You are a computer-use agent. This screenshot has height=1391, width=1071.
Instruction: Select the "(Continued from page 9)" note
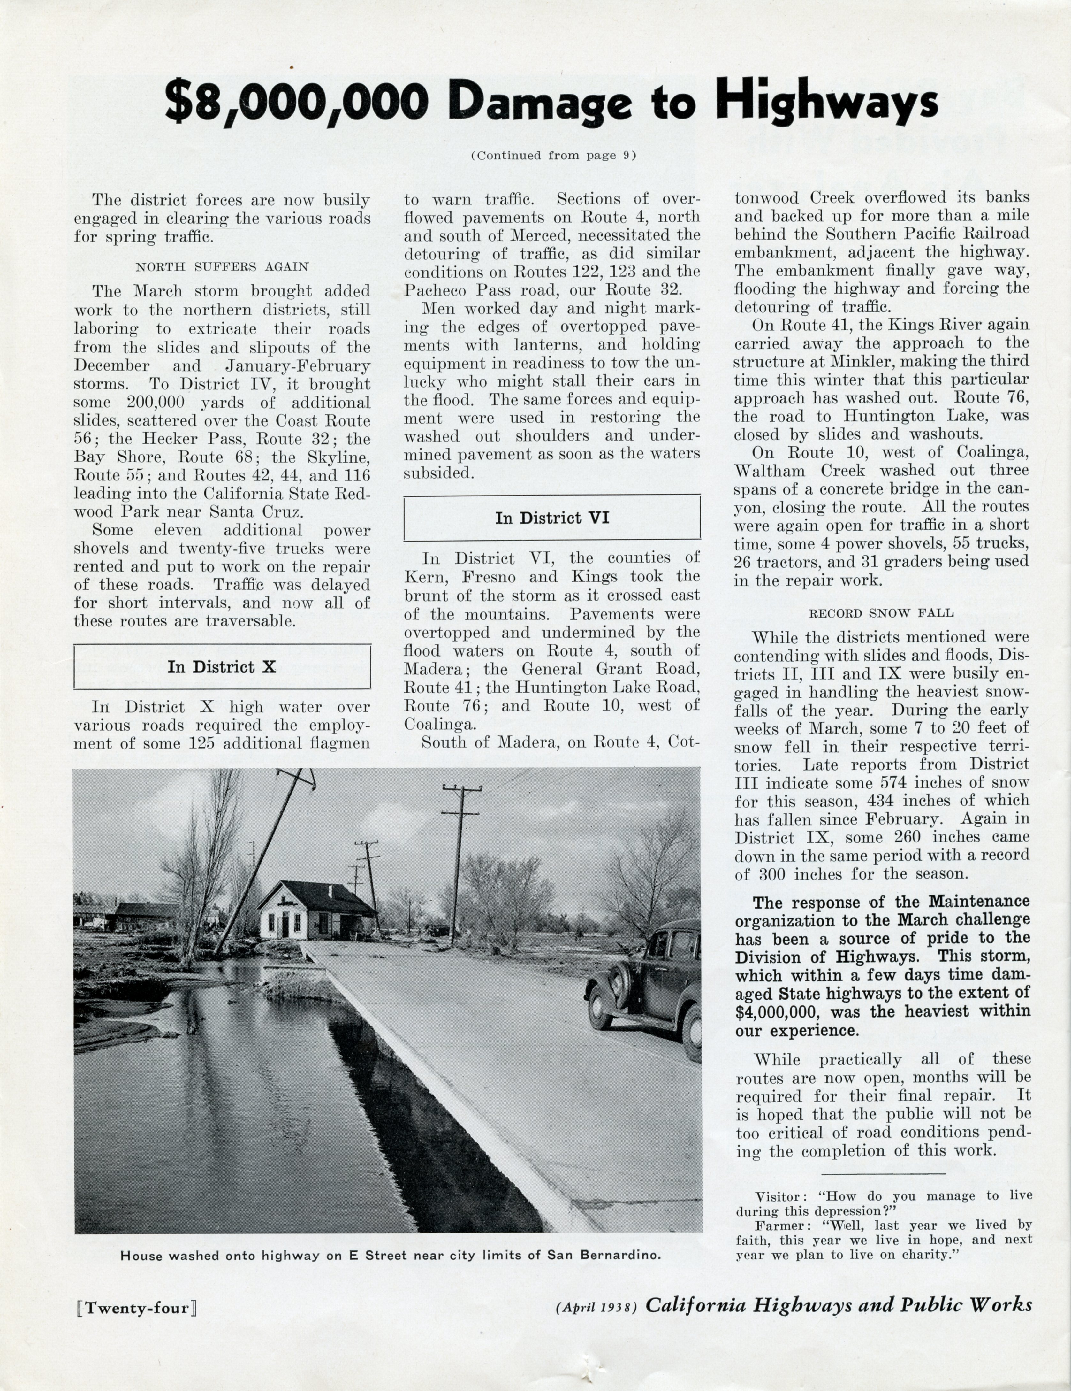click(553, 155)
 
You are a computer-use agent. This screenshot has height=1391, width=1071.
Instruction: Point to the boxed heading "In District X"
click(222, 667)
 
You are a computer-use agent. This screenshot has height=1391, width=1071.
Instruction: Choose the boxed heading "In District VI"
click(552, 518)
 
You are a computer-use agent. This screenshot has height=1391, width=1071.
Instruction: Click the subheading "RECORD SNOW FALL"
click(881, 613)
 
